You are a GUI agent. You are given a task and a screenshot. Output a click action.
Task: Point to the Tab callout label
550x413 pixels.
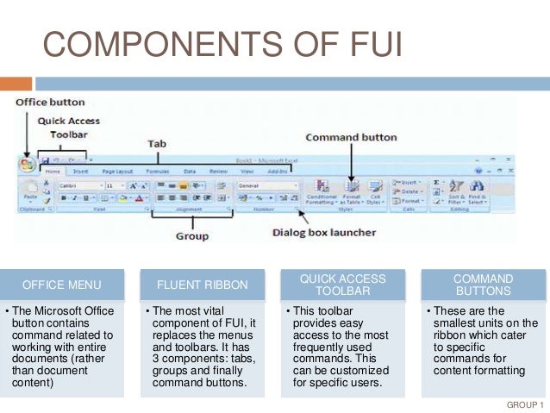[155, 143]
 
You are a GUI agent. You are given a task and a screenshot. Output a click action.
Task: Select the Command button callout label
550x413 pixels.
[350, 137]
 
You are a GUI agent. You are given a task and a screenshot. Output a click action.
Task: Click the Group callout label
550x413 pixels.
[192, 235]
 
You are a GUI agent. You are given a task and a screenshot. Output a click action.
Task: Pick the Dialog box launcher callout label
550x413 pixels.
[322, 232]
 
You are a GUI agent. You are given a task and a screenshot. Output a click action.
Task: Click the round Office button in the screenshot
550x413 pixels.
[27, 164]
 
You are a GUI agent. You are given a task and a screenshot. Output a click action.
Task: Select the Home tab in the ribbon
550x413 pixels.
[52, 172]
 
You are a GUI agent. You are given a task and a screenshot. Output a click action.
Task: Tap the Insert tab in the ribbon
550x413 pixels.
[80, 172]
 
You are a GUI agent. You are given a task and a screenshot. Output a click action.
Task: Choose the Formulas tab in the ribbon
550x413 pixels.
[158, 172]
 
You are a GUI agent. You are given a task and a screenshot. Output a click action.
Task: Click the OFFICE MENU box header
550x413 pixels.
[62, 285]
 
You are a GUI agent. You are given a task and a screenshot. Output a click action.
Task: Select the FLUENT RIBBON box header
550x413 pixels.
[202, 285]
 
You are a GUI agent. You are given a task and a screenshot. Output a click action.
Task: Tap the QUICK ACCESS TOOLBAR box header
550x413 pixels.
[342, 285]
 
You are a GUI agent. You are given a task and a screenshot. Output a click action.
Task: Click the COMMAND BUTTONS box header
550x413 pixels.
[483, 285]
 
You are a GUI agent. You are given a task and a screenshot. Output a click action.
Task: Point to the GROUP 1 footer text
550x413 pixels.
[524, 404]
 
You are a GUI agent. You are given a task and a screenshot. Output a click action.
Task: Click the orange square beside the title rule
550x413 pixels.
[16, 84]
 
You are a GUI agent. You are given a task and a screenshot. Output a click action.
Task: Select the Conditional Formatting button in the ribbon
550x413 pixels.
[321, 192]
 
